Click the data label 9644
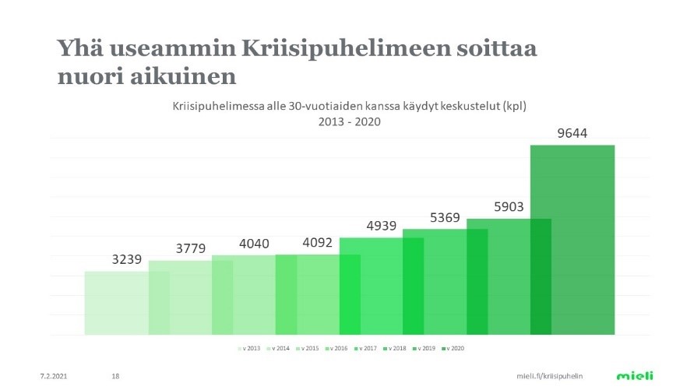pos(572,133)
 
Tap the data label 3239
pos(126,259)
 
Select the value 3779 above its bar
pos(190,249)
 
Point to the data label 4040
pos(253,244)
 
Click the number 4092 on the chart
pos(317,242)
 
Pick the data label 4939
pos(382,227)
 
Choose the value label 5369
pos(446,217)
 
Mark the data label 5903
pos(509,207)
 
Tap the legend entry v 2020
pos(453,348)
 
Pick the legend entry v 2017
pos(367,348)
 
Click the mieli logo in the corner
pos(635,375)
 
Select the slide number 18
pos(115,376)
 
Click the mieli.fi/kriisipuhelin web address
pos(550,376)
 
